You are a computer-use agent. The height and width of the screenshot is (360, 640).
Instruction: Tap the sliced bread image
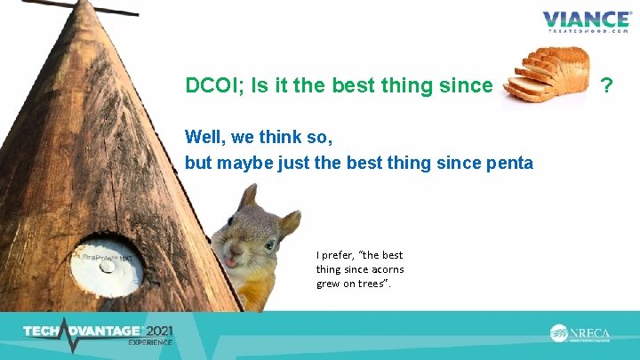[544, 76]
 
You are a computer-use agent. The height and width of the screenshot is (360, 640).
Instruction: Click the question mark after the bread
[607, 85]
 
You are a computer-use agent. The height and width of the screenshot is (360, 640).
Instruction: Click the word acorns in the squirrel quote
[384, 269]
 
